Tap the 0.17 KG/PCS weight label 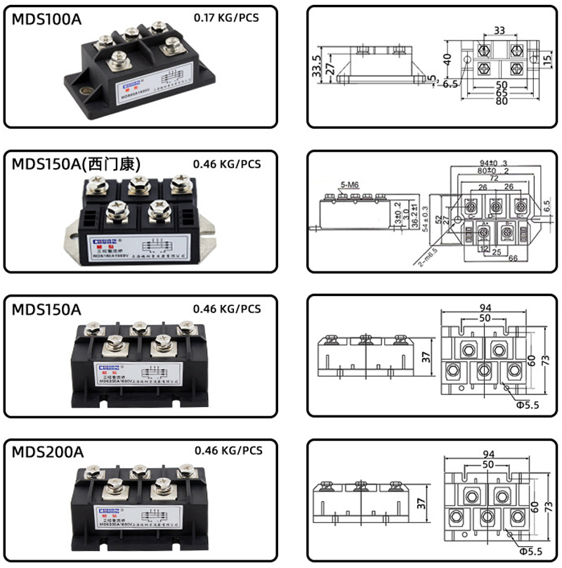click(x=226, y=17)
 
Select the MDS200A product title click(x=48, y=452)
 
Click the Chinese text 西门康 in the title click(x=119, y=164)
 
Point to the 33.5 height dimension click(x=317, y=69)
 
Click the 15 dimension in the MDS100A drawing click(x=547, y=62)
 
